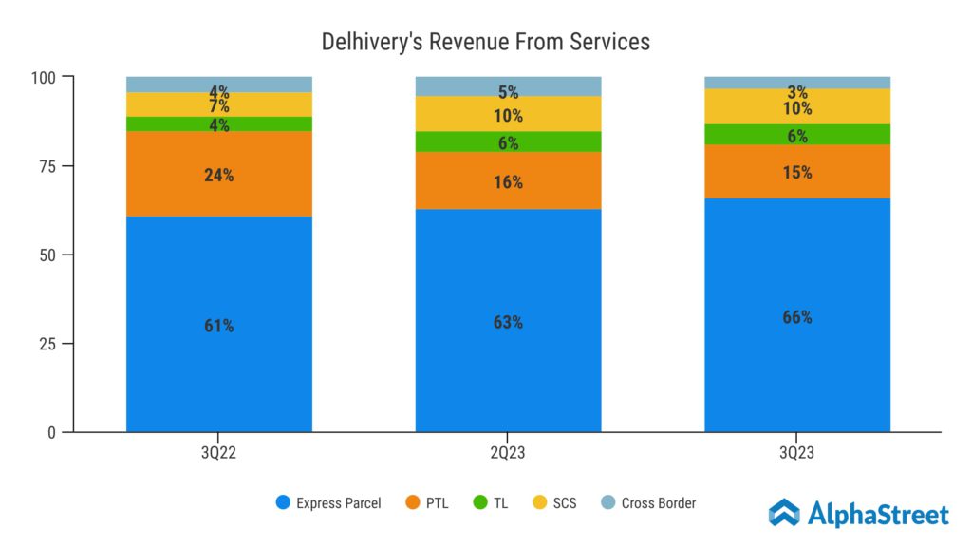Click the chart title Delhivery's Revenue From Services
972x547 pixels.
tap(485, 42)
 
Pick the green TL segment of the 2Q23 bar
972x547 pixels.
tap(508, 141)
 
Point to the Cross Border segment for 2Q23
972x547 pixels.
tap(508, 85)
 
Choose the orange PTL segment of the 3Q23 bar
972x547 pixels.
tap(797, 172)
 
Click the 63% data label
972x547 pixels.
tap(508, 322)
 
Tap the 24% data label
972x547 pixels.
tap(219, 175)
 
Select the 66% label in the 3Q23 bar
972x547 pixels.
tap(797, 317)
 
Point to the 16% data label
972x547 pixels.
tap(508, 182)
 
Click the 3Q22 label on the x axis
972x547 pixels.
tap(219, 454)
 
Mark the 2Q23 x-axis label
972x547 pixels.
tap(508, 454)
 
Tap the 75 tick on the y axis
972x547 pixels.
tap(48, 165)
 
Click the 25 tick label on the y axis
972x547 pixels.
tap(48, 344)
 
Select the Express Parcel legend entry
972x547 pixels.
tap(327, 502)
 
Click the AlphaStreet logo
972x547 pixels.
tap(858, 514)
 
